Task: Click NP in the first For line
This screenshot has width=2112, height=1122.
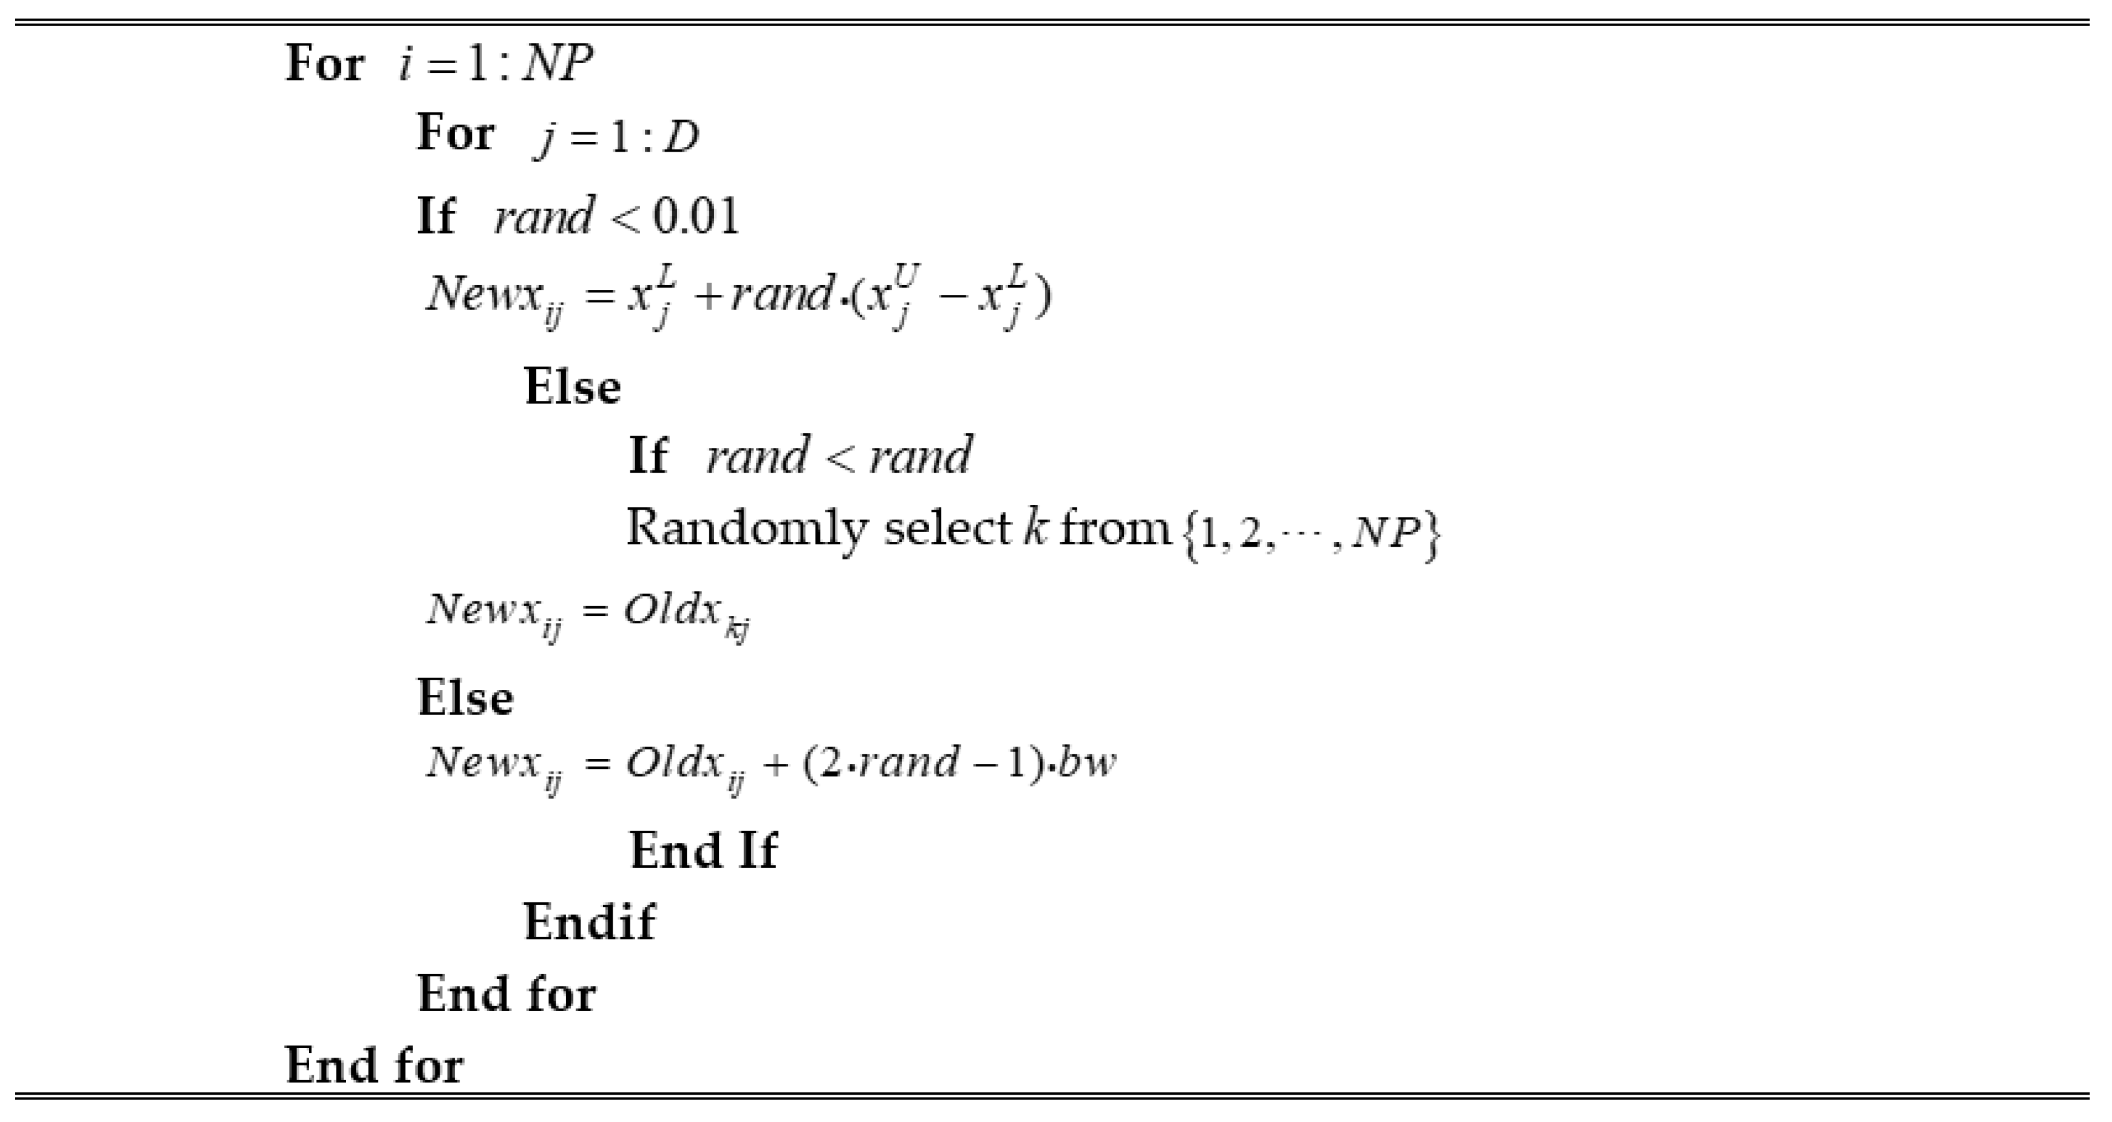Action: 557,63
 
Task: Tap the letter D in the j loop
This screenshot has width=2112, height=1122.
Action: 681,138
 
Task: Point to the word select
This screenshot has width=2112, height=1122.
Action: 947,527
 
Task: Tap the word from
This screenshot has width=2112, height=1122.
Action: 1115,527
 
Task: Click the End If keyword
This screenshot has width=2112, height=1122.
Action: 703,850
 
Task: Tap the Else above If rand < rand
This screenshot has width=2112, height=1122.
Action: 572,387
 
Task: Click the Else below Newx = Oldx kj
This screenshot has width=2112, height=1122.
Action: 466,697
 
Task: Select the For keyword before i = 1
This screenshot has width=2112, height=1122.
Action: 324,63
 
